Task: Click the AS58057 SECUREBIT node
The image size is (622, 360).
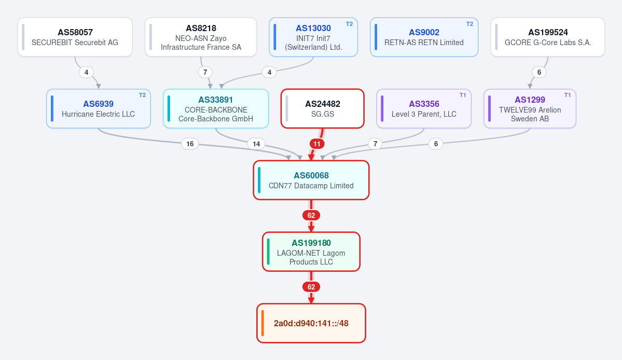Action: click(75, 37)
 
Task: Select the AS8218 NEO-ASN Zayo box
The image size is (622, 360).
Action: click(201, 37)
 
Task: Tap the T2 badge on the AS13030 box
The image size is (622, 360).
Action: click(349, 24)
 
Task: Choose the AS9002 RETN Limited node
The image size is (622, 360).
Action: click(424, 37)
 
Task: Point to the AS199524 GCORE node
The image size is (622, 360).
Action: click(548, 37)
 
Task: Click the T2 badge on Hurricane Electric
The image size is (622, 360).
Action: click(143, 95)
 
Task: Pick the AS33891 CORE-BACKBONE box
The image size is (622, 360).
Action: click(216, 108)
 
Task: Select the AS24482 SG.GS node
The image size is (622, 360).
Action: click(323, 108)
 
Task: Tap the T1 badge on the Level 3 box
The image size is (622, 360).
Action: click(463, 95)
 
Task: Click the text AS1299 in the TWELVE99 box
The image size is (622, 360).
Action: click(530, 100)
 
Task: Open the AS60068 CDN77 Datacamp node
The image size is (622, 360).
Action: click(311, 180)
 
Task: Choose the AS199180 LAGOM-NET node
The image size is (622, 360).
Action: click(311, 252)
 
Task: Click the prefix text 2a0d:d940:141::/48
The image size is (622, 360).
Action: click(311, 324)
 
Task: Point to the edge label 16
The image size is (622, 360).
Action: click(190, 144)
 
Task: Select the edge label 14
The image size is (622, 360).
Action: click(256, 144)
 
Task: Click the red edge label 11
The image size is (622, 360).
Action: click(316, 144)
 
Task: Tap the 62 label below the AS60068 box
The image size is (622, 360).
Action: click(311, 215)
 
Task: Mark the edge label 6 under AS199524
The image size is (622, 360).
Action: click(539, 72)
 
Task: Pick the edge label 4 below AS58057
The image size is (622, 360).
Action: click(86, 72)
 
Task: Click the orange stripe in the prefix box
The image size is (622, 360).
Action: click(262, 323)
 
